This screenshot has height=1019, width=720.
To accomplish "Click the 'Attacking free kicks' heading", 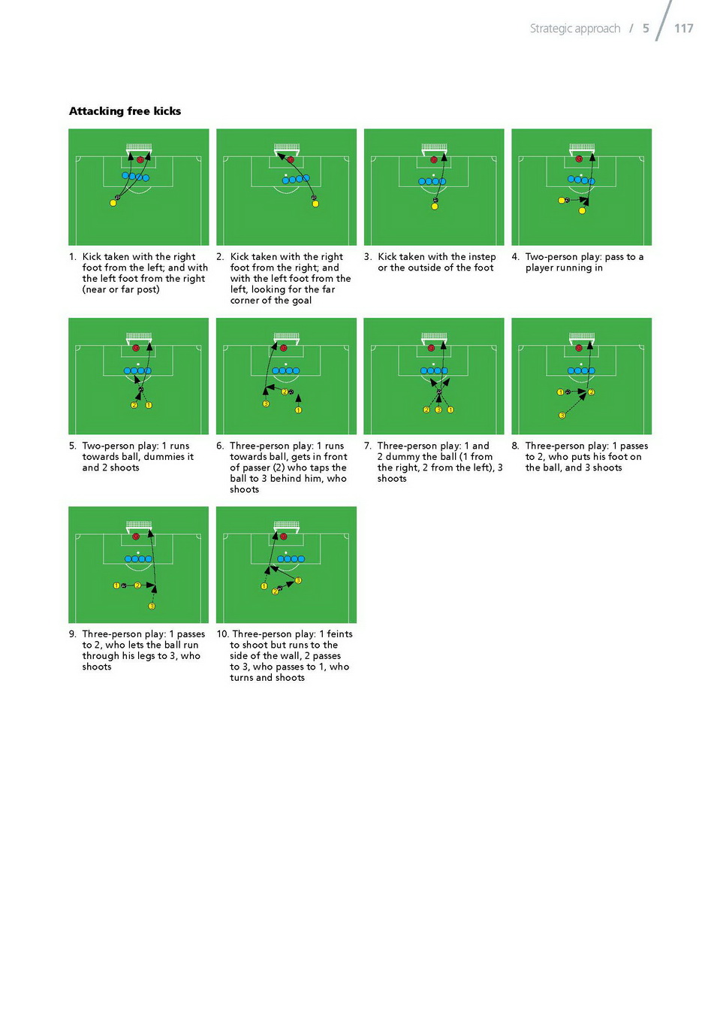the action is (x=125, y=111).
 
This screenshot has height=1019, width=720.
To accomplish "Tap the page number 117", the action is (x=683, y=29).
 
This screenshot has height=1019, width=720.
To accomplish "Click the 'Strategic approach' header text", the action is (x=574, y=29).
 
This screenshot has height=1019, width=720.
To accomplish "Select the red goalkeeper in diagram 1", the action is (x=140, y=159).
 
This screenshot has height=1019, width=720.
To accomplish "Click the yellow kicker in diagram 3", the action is (x=435, y=207).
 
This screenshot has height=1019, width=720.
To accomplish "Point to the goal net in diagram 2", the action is (x=286, y=147).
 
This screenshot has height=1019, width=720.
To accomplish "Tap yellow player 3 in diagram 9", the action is (x=152, y=606).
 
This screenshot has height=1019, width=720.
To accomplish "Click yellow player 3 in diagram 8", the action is (x=562, y=416).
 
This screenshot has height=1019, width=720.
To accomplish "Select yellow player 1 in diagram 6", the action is (x=298, y=410).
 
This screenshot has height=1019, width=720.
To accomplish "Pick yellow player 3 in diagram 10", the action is (x=298, y=580).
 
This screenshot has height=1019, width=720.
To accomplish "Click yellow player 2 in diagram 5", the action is (x=134, y=405).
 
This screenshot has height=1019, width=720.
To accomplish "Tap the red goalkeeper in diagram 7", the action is (x=431, y=348).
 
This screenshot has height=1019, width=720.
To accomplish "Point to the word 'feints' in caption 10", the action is (x=339, y=633).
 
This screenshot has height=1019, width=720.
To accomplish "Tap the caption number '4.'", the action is (x=516, y=256).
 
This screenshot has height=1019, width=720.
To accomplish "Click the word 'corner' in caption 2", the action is (x=245, y=301).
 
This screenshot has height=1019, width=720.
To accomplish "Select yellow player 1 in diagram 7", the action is (x=450, y=410).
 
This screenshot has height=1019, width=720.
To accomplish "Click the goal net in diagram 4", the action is (x=581, y=147).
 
